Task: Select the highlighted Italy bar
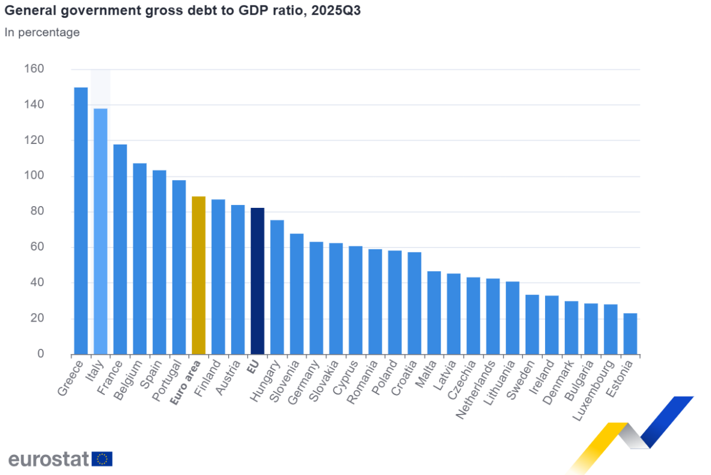pyautogui.click(x=100, y=231)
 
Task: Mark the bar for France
pyautogui.click(x=120, y=249)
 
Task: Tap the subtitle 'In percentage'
pyautogui.click(x=42, y=33)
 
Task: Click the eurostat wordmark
pyautogui.click(x=49, y=459)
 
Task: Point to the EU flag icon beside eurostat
pyautogui.click(x=103, y=459)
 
